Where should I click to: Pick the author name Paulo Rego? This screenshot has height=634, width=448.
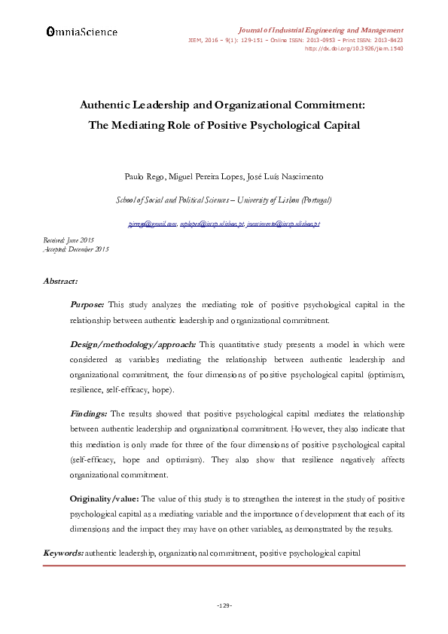pos(142,178)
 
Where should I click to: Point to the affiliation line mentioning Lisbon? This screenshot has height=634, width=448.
pos(224,200)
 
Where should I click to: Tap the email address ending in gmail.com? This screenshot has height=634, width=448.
pos(152,224)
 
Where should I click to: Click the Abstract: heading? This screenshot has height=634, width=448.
pos(60,281)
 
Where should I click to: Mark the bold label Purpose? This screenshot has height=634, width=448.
pos(87,305)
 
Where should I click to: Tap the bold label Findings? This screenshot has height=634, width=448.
pos(89,413)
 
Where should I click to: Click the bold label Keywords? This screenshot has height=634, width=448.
pos(63,553)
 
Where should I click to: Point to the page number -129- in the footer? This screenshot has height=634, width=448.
pos(224,605)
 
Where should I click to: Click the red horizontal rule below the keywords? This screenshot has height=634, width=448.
pos(224,565)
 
